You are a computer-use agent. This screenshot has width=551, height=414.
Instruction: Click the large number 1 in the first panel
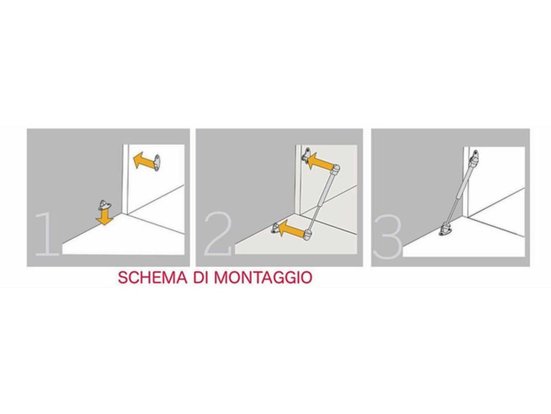click(47, 234)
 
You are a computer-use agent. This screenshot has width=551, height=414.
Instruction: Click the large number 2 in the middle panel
click(218, 234)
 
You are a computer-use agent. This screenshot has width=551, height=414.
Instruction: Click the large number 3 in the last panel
click(387, 237)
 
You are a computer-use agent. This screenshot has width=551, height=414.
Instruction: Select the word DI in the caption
click(201, 278)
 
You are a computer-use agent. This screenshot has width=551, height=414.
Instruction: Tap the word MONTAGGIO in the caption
click(263, 278)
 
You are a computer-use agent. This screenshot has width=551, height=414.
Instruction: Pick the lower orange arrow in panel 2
click(291, 229)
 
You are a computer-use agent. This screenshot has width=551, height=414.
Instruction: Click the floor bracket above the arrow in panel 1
click(105, 204)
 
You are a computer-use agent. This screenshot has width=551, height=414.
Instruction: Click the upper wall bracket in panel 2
click(307, 156)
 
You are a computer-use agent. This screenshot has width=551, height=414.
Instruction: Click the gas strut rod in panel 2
click(322, 201)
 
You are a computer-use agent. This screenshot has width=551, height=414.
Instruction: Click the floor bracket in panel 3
click(444, 231)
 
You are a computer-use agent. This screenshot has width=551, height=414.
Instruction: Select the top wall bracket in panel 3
click(475, 155)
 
